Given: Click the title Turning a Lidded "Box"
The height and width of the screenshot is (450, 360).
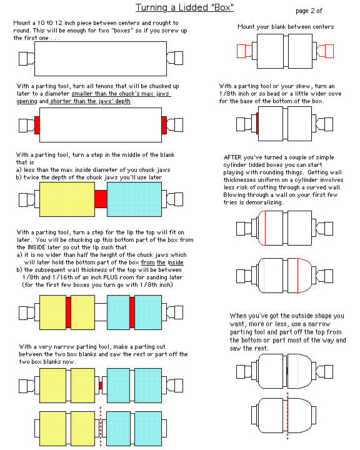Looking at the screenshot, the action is (184, 7).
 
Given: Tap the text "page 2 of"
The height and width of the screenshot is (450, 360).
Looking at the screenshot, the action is (309, 11).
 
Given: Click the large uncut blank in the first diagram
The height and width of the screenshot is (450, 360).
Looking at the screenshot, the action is (101, 59).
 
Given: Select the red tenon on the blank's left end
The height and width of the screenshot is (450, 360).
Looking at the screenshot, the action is (37, 125).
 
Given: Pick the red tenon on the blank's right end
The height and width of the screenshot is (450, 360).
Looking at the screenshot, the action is (164, 125).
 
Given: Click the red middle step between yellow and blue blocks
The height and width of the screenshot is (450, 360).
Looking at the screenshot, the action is (101, 199).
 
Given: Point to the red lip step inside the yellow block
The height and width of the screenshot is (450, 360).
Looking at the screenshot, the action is (68, 312).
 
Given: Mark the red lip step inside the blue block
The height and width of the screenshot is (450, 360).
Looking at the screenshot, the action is (132, 312).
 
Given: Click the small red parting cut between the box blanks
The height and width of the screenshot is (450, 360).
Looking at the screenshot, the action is (101, 386).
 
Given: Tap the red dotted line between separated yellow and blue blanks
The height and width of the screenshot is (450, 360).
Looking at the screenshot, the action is (101, 426).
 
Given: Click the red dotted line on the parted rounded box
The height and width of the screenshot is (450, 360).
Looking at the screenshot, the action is (287, 416).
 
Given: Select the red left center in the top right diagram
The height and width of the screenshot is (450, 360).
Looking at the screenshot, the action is (244, 51).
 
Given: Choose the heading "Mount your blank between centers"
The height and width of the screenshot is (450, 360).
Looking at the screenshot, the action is (286, 27).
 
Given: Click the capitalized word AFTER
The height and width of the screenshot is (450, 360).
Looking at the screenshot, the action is (233, 157).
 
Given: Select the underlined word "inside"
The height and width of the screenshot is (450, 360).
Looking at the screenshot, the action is (176, 262).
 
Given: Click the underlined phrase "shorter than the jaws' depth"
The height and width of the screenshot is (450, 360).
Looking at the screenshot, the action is (90, 101).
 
